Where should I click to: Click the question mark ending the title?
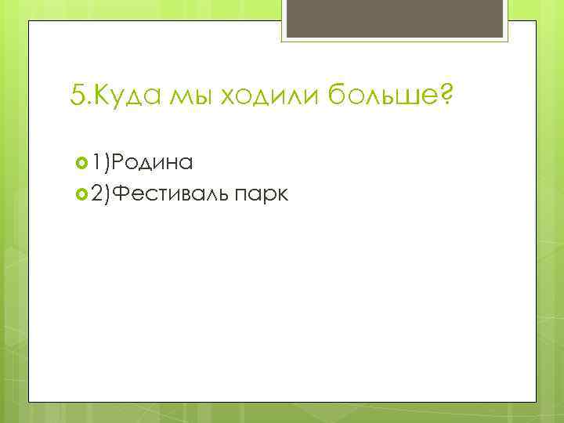446,96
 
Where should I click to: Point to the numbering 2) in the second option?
101,193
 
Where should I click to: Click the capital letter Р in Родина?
120,162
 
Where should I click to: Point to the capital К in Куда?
99,97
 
